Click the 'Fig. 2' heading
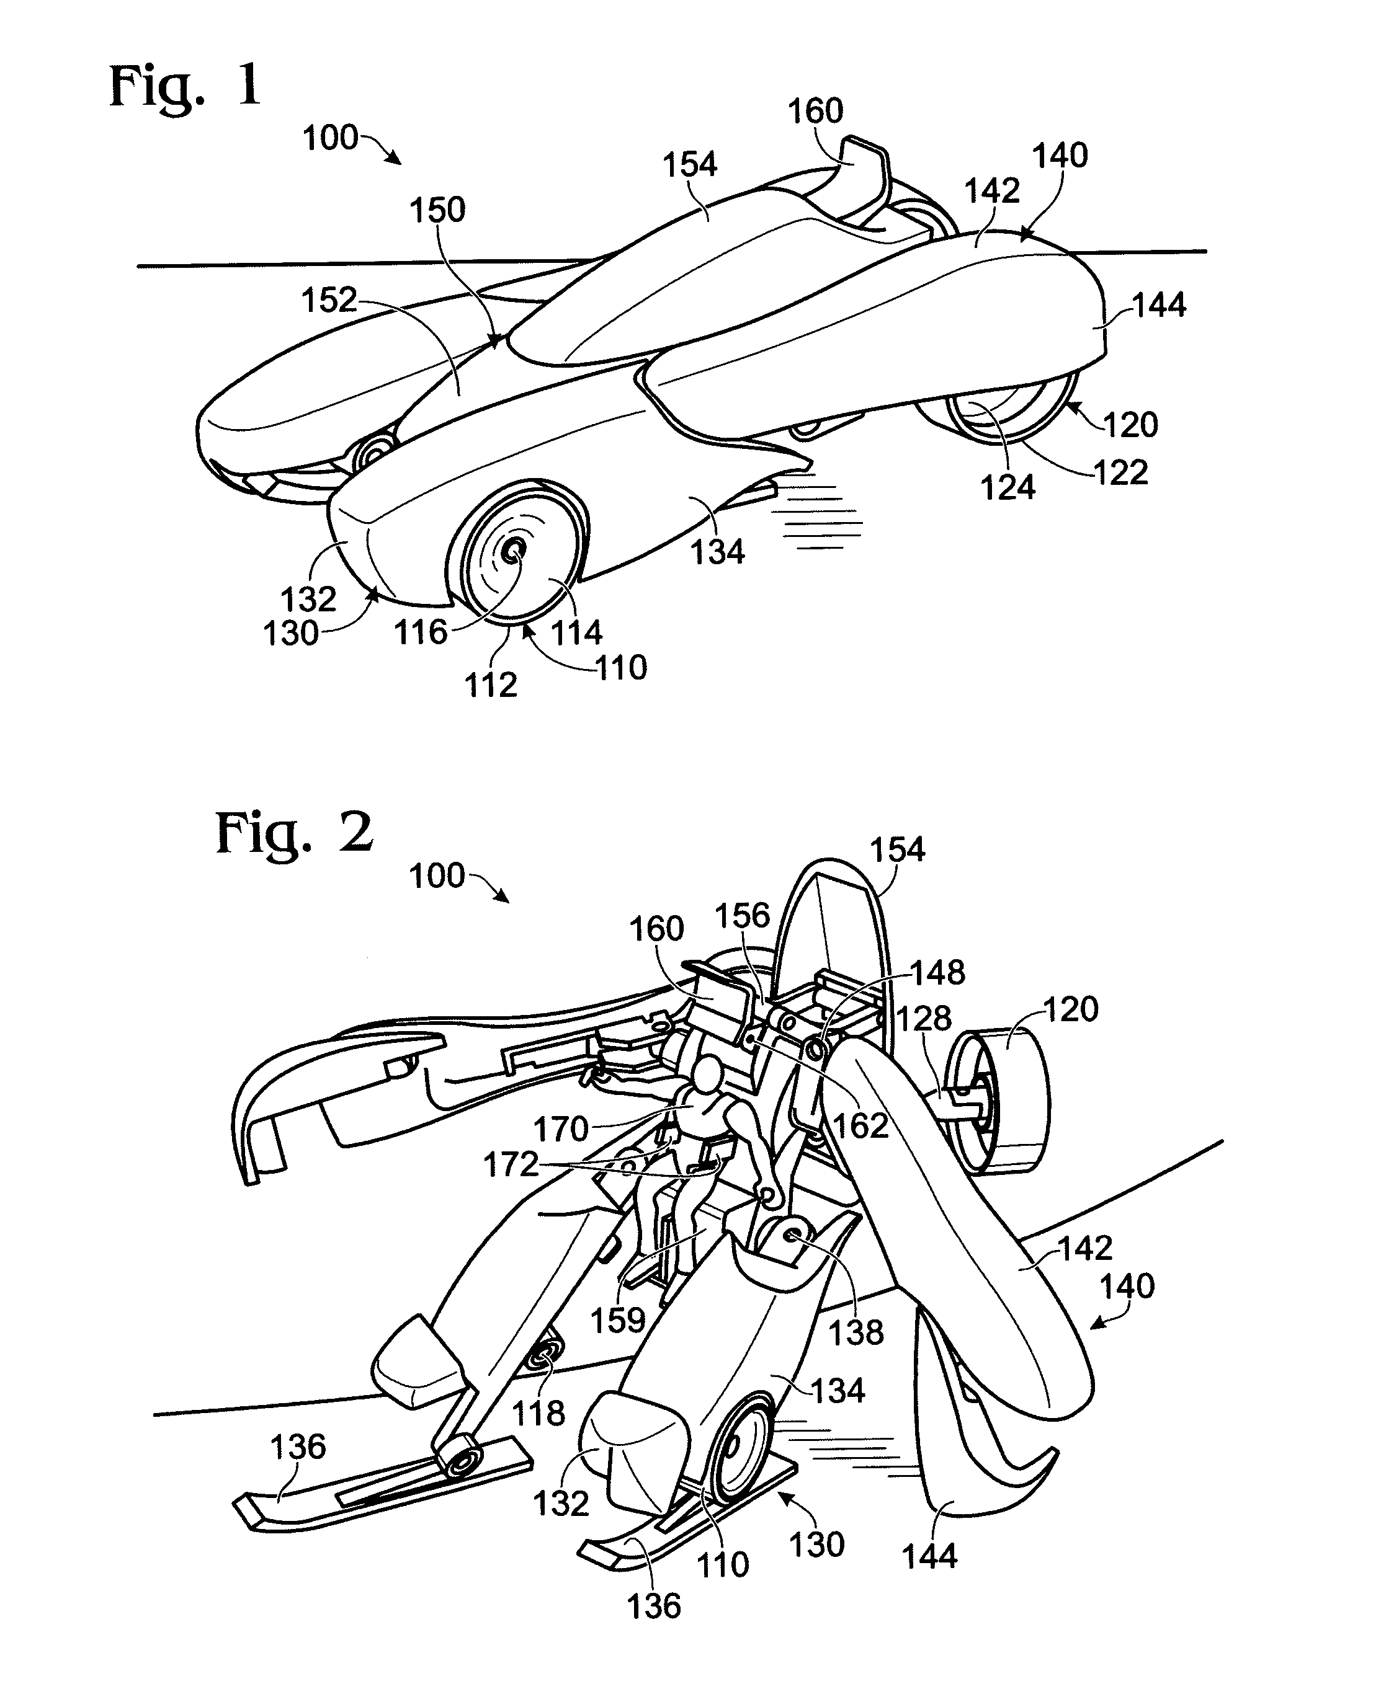tap(294, 835)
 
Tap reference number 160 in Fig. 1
tap(815, 112)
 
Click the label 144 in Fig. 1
tap(1159, 305)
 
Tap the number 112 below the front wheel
tap(491, 685)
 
